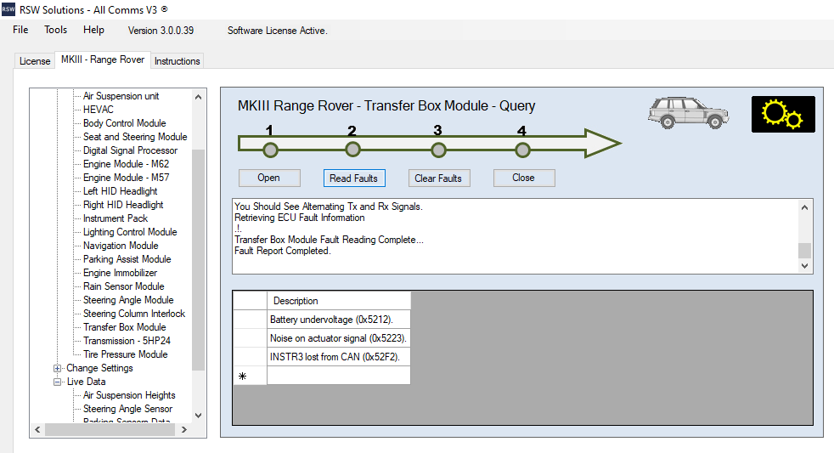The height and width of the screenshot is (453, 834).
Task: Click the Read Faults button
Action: (x=353, y=178)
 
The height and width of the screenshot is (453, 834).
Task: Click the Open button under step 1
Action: (x=269, y=178)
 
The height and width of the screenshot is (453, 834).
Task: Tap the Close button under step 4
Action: (x=524, y=178)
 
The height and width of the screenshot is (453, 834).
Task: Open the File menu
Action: (x=20, y=30)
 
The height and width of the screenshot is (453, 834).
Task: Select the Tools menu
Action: (x=56, y=30)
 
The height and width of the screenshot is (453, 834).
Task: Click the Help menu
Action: (x=93, y=30)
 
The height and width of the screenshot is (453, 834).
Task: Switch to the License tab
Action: (x=35, y=61)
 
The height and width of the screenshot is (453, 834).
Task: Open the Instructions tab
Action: (x=178, y=61)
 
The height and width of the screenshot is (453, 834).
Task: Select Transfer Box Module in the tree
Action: (x=125, y=327)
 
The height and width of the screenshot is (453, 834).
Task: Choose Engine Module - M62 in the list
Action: (x=126, y=164)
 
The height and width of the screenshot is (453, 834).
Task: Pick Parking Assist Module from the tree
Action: (x=127, y=259)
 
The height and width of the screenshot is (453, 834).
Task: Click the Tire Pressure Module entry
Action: (x=126, y=354)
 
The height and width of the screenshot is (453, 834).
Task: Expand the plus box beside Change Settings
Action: (x=58, y=368)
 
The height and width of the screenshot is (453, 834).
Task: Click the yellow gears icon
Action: (x=783, y=114)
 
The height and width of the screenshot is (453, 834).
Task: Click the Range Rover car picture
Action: (x=688, y=112)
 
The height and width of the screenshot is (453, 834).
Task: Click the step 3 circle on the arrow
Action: (x=438, y=150)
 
